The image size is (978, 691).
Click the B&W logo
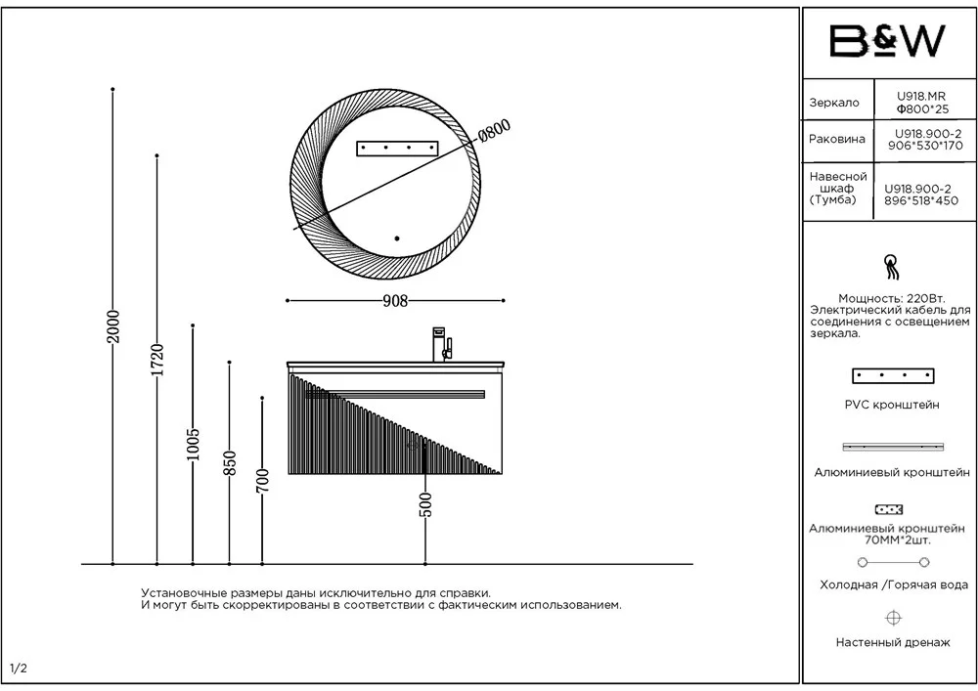(x=887, y=41)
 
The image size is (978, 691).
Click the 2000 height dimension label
(x=112, y=326)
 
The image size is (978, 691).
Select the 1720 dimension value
(x=157, y=360)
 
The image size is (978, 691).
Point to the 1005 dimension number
(x=193, y=445)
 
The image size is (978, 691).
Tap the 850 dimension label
(x=230, y=463)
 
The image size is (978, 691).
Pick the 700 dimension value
(x=262, y=481)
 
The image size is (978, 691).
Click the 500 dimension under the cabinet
(x=425, y=504)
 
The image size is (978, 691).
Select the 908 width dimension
(x=395, y=301)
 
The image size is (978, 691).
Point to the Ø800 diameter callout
(x=495, y=131)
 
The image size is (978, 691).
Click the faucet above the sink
(x=442, y=344)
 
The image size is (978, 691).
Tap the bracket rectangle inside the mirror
(x=397, y=149)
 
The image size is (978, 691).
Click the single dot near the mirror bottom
(x=397, y=238)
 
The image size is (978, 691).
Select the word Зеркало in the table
(x=834, y=103)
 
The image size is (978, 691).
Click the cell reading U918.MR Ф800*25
(x=922, y=103)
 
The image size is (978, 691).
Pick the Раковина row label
(x=837, y=139)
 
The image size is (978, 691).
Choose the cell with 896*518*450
(x=920, y=200)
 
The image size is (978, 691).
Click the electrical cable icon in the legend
(x=893, y=267)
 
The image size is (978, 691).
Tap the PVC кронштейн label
(x=892, y=405)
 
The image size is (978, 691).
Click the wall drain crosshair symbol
(x=893, y=618)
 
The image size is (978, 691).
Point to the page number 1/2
(x=19, y=669)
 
